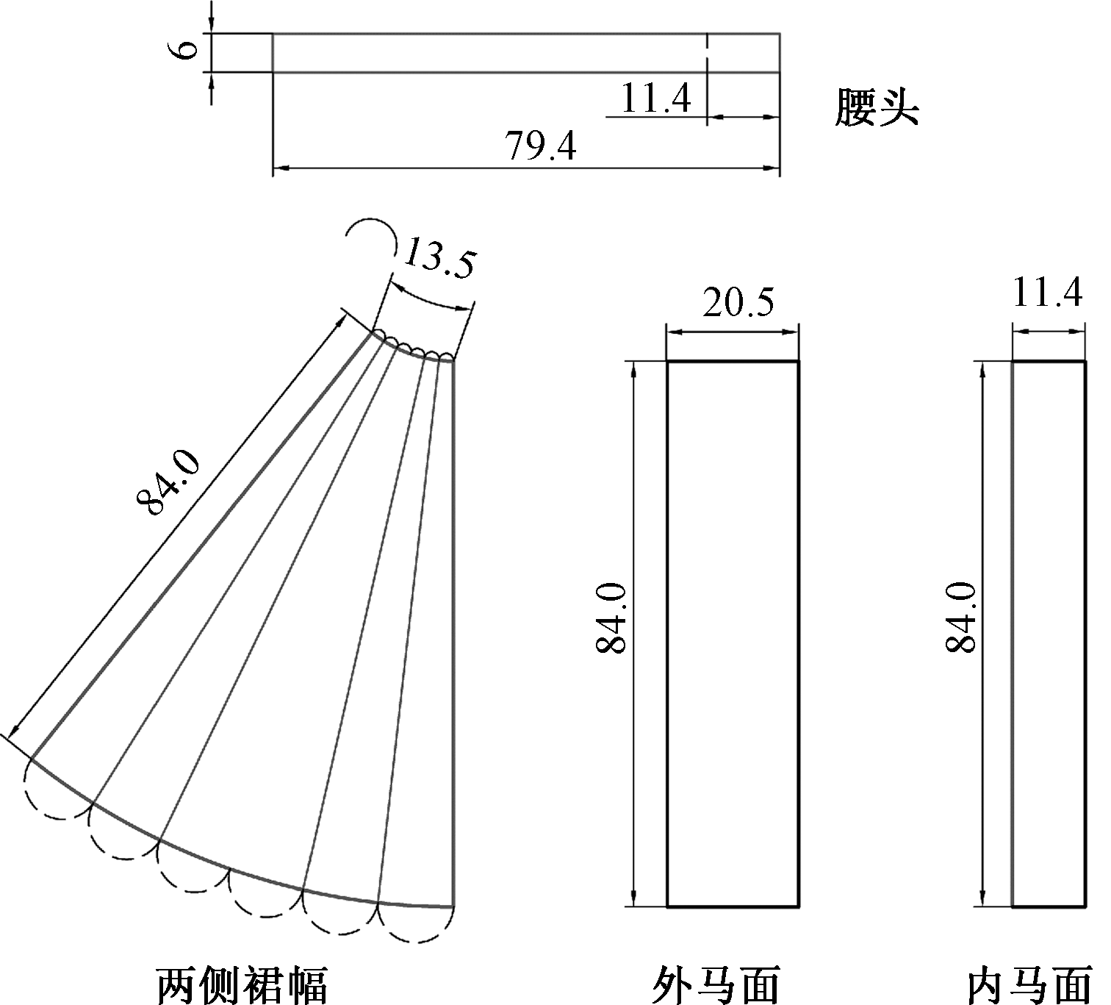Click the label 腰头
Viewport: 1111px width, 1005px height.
click(x=877, y=108)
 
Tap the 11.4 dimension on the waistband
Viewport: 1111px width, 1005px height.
click(x=655, y=98)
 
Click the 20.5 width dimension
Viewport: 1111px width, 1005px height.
click(x=738, y=302)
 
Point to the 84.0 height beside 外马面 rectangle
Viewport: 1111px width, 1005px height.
click(x=611, y=617)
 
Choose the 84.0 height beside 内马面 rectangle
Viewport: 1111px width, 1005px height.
click(x=960, y=617)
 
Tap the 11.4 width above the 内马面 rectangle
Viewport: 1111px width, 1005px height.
click(x=1047, y=294)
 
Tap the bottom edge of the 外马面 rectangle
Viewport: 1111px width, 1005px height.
click(x=733, y=906)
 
